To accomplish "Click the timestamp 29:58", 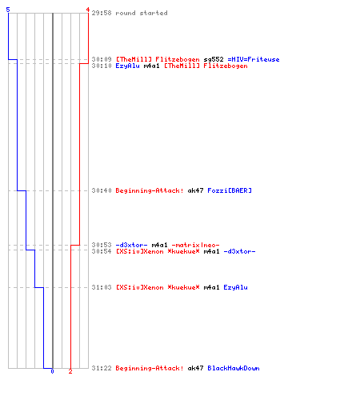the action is click(102, 13).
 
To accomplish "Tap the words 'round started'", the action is click(142, 13).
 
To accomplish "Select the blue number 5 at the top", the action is click(8, 10).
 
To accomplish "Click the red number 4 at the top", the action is click(88, 10).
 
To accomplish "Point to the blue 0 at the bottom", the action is click(52, 371).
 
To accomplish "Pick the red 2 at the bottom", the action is click(70, 371).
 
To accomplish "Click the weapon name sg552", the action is click(214, 59).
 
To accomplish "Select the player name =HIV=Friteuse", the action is click(254, 59).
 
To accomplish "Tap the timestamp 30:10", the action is click(102, 66).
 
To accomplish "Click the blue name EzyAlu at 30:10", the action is click(127, 66).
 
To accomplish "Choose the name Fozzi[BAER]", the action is click(230, 190).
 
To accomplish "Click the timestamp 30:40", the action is click(102, 190).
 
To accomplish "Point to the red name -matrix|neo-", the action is click(195, 245).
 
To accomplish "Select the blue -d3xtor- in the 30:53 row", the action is click(131, 245).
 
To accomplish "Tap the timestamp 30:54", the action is click(102, 251).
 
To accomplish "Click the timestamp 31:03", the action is click(102, 287).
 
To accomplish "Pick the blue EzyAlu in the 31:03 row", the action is click(235, 287).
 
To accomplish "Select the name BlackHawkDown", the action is click(234, 368).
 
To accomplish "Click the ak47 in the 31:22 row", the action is click(195, 368).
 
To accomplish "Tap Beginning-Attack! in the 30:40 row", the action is click(150, 190).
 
